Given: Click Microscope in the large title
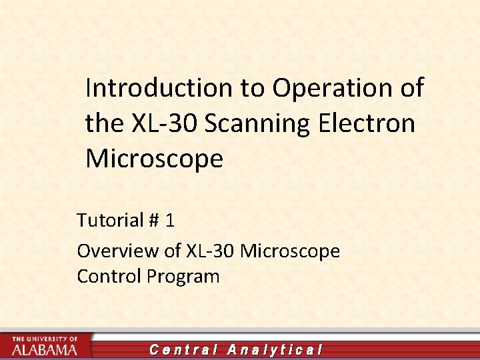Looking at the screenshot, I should click(x=154, y=159).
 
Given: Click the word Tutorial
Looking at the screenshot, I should click(x=110, y=219).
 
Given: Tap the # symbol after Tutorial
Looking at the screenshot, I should click(x=155, y=219).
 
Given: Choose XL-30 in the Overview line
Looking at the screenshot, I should click(x=210, y=251).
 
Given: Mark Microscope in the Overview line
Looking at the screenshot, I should click(x=290, y=251).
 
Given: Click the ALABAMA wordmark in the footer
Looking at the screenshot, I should click(x=44, y=349).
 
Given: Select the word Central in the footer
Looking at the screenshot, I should click(x=183, y=349).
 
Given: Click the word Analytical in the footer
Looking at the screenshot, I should click(x=275, y=349).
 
